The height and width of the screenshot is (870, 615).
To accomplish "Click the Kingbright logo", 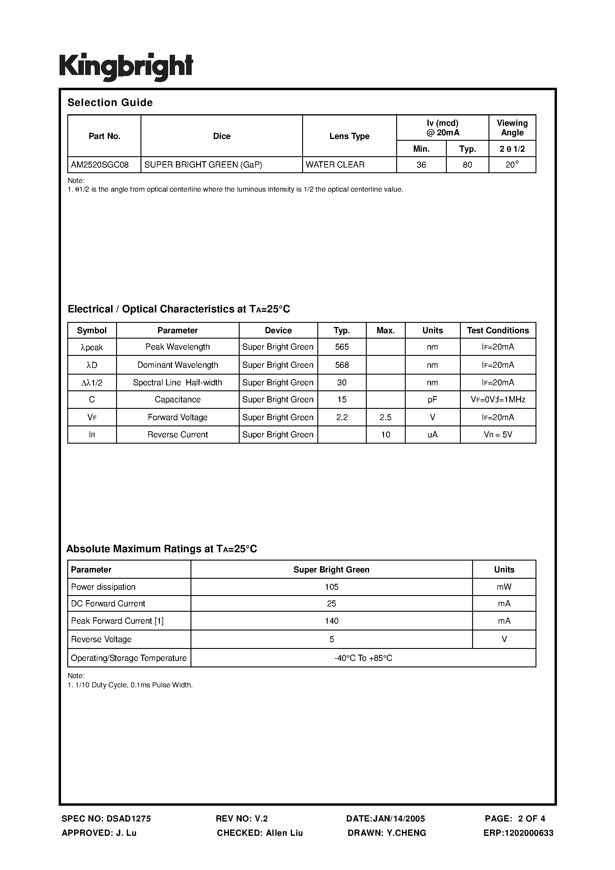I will coord(126,67).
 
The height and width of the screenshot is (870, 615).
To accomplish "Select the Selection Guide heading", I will coord(110,103).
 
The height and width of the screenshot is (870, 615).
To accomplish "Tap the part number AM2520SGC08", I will coord(100,165).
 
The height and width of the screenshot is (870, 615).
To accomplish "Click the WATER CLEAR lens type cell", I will coord(335,165).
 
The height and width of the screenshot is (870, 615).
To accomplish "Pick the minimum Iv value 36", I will coord(421,165).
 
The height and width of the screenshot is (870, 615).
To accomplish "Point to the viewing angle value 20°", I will coord(512,165).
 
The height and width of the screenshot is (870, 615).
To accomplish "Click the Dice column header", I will coord(221,136).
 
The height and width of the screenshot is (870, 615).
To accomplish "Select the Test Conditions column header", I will coord(497,331).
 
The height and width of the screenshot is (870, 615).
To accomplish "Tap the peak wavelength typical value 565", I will coord(342,347).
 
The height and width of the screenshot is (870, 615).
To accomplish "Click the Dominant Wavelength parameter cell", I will coord(177,365).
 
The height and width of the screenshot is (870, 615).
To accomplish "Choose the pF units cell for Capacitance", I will coord(432,400).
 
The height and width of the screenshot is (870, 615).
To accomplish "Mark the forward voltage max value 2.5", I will coord(385,417).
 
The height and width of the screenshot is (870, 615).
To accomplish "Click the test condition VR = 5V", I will coord(497,435).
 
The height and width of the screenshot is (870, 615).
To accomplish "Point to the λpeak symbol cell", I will coord(92,348).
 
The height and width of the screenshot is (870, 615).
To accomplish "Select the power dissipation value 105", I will coord(331,587).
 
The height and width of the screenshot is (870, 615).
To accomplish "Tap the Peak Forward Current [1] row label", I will coord(117,621).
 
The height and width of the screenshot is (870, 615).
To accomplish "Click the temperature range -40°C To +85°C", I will coord(363,658).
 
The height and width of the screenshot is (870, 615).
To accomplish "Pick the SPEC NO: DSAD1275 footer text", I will coord(106,819).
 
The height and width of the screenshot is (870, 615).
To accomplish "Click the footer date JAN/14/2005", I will coord(385,819).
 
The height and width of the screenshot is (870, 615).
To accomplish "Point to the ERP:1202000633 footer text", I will coord(518,833).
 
